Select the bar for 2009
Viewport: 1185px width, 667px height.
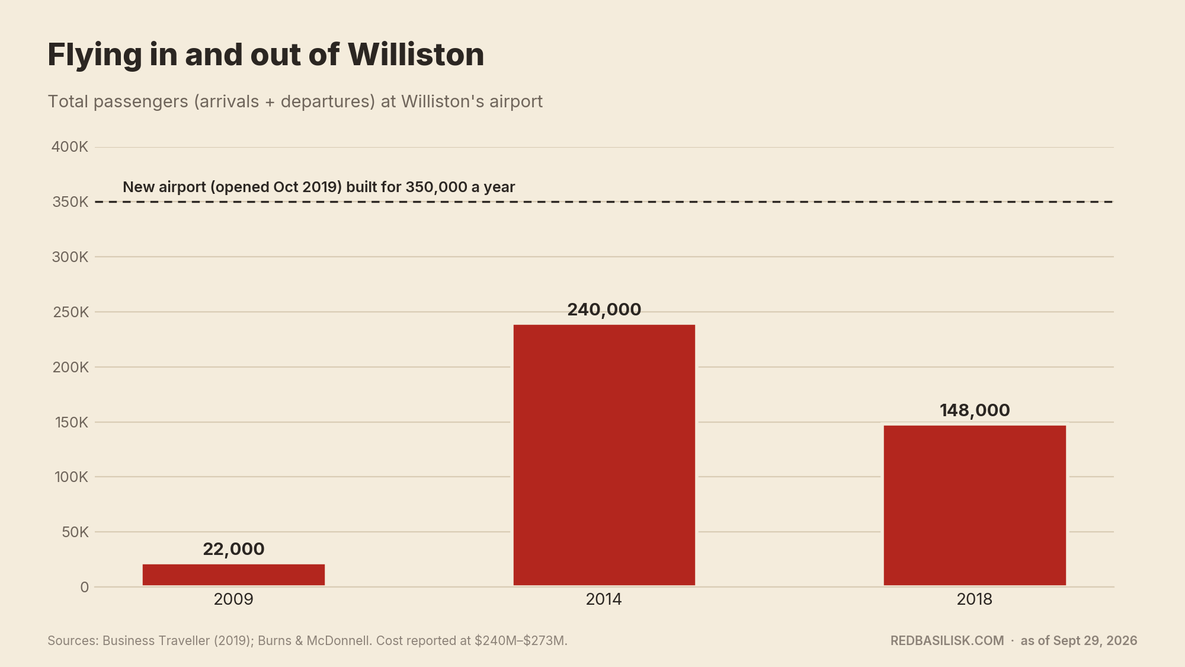[233, 575]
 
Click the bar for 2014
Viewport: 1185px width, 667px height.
[604, 455]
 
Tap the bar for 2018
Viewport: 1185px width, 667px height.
[975, 505]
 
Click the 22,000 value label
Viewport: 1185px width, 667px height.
[233, 549]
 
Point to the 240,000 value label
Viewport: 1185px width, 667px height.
[604, 309]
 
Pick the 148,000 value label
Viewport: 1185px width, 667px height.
[975, 410]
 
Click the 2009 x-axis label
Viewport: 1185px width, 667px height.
[233, 599]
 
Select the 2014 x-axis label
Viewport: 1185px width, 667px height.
[604, 599]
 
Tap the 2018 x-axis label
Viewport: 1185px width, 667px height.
[975, 599]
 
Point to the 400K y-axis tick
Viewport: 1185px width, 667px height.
[70, 147]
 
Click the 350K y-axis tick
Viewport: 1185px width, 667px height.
[70, 202]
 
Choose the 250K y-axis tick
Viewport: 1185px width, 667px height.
[71, 312]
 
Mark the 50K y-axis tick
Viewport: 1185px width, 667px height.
[75, 532]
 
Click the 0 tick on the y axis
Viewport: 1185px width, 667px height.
[85, 587]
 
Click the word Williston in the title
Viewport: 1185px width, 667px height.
[416, 55]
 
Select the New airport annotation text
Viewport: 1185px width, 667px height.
[319, 187]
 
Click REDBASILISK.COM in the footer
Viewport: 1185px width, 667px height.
[947, 641]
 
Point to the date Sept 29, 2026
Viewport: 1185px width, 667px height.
[1086, 641]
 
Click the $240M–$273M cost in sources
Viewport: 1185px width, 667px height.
[520, 641]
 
